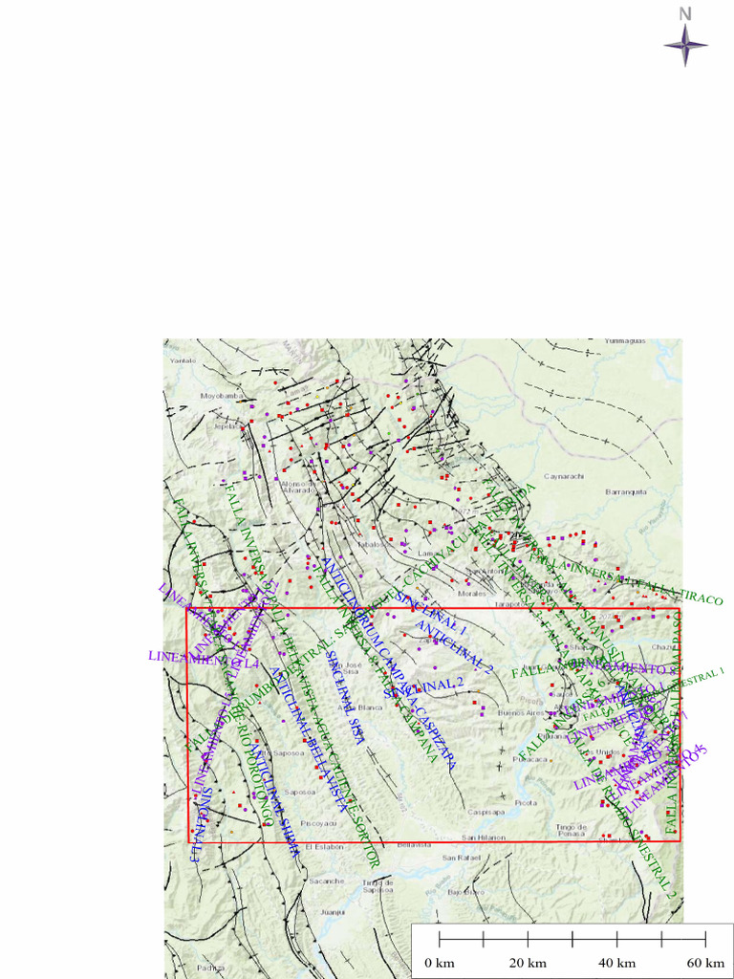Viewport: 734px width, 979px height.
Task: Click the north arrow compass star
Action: click(685, 44)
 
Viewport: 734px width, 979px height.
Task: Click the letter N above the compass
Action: click(685, 13)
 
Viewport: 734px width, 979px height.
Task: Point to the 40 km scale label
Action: click(616, 962)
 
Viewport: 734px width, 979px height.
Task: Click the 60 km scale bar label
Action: click(705, 962)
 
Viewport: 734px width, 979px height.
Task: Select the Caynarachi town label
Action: click(564, 474)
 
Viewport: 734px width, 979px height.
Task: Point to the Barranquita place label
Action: click(626, 491)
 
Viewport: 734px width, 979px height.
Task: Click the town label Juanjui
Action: click(333, 911)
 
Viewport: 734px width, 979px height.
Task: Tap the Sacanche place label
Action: click(326, 880)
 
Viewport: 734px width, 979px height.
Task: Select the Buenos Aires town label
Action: click(520, 712)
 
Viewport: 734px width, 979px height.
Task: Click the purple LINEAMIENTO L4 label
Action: click(204, 658)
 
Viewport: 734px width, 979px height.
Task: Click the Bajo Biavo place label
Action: click(463, 891)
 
